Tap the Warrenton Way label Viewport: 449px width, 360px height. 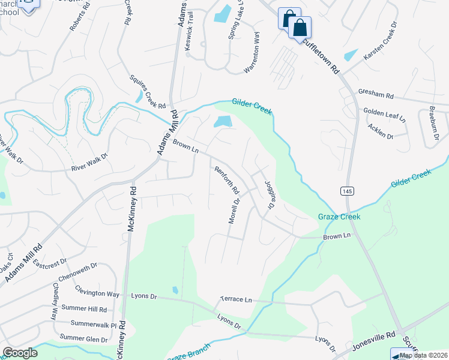click(252, 53)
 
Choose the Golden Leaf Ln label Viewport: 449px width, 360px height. click(385, 115)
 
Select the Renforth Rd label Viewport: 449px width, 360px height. click(228, 180)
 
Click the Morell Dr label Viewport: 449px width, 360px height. click(234, 210)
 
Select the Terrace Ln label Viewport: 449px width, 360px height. click(235, 299)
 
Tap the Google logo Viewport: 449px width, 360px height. click(20, 353)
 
